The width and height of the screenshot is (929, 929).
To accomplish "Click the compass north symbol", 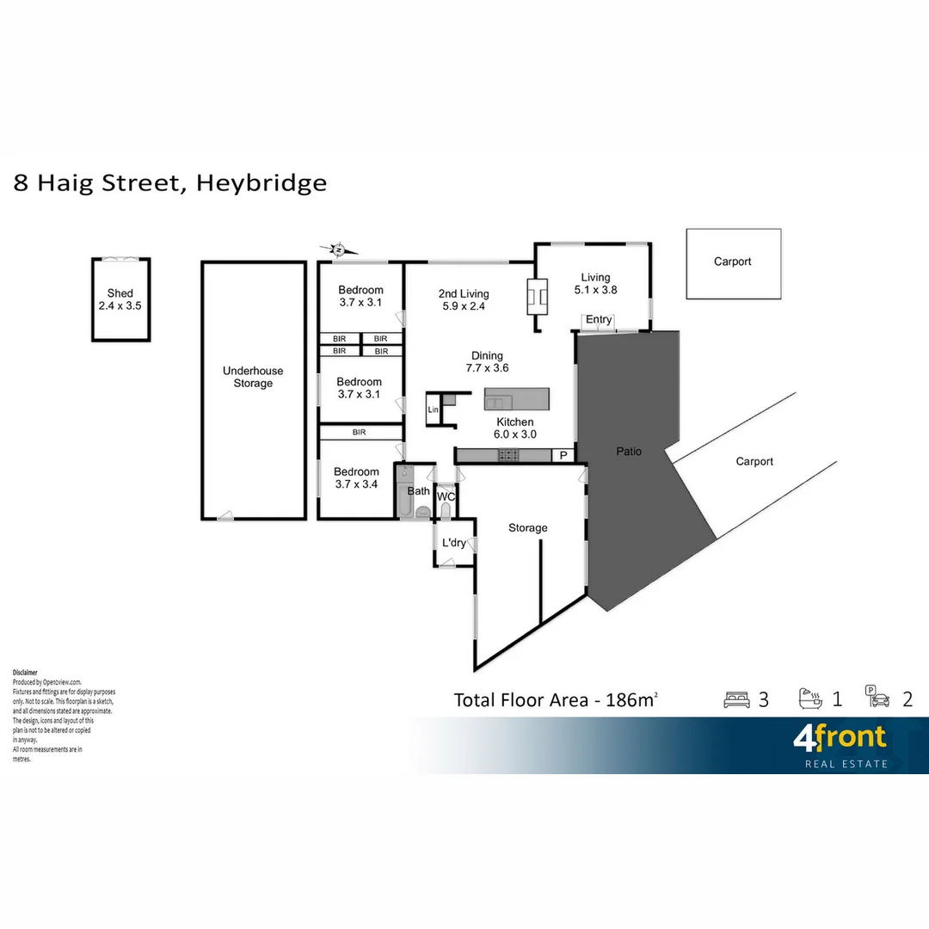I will click(x=339, y=249).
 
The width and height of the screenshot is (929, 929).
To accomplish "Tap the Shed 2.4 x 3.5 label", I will click(x=120, y=299).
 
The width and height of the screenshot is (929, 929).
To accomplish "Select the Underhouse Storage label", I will click(x=253, y=377).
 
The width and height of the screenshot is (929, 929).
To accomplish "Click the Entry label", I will click(x=599, y=320).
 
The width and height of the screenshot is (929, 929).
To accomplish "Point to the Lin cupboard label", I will click(x=434, y=410).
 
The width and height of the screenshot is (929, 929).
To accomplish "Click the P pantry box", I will click(x=564, y=455).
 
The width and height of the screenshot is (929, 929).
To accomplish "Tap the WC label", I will click(x=446, y=497).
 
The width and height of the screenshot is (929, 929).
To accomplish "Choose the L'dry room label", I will click(x=454, y=543).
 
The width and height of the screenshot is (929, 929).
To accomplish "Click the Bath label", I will click(x=419, y=491).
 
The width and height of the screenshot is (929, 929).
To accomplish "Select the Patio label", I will click(x=629, y=452).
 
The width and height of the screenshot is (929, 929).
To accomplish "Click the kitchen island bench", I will click(x=516, y=398).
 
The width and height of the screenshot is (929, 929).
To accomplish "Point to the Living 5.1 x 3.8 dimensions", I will click(x=595, y=290).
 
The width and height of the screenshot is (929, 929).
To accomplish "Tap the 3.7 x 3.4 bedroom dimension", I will click(x=357, y=484).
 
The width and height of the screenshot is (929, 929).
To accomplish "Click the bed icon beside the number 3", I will click(x=736, y=699).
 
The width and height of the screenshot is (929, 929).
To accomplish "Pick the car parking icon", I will click(x=878, y=698).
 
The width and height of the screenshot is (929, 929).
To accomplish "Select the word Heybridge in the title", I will click(x=261, y=183).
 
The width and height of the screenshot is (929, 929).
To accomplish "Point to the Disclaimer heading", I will click(x=25, y=672).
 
